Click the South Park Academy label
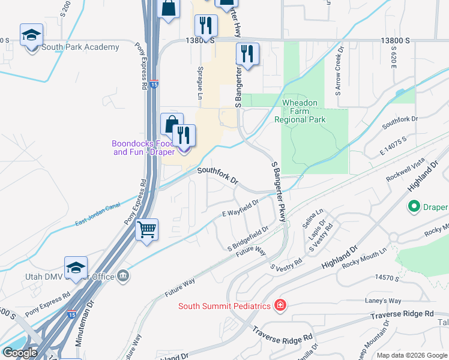80,47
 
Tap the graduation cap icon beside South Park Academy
31,36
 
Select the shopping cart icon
146,230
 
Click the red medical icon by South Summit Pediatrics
279,306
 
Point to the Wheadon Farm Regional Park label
300,111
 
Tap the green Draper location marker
414,207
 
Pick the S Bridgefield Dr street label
247,238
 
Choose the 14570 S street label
386,278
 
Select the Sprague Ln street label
199,83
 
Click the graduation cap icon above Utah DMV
76,268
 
